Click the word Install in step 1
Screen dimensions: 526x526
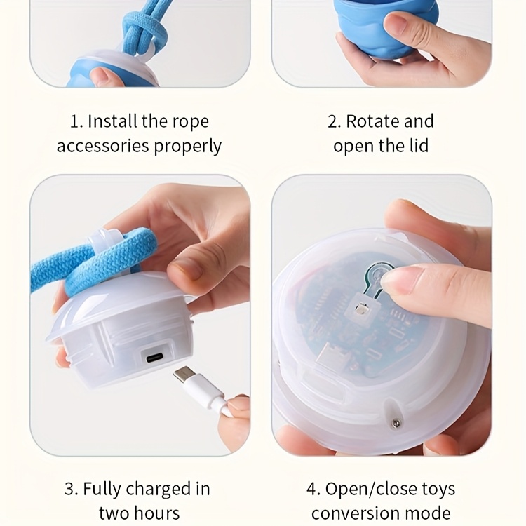coord(112,121)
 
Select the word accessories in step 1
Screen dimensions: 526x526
coord(102,147)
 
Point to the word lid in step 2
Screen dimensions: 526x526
coord(419,146)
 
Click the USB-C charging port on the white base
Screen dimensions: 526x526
coord(155,358)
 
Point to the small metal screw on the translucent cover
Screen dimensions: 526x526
coord(396,424)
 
